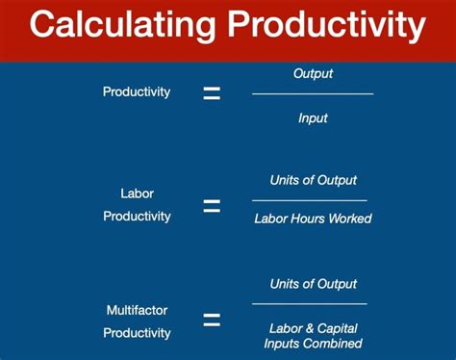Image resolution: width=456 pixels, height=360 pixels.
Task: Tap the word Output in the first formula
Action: (x=313, y=73)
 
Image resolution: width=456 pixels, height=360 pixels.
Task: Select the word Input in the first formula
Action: (x=313, y=117)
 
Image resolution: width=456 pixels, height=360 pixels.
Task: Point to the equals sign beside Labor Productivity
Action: (x=212, y=206)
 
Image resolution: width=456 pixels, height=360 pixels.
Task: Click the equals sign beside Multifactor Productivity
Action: (x=212, y=321)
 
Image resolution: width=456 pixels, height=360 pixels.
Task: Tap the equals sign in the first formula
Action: (x=212, y=93)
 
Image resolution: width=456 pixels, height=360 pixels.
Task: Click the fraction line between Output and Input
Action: (x=313, y=94)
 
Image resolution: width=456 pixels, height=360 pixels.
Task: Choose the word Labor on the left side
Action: (x=137, y=193)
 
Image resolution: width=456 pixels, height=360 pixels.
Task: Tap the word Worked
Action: (x=350, y=219)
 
